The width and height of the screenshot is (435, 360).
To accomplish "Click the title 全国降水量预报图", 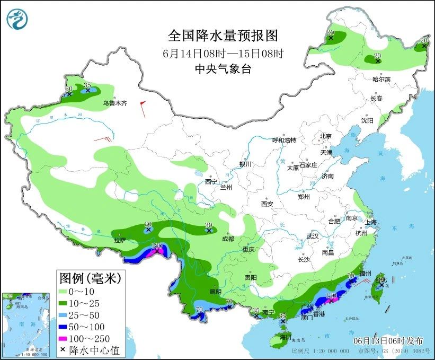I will point(223,36).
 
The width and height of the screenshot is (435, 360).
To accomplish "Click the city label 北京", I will point(325,136).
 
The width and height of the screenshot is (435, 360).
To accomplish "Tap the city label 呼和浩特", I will point(284,141).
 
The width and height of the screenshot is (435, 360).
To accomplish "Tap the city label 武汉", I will point(313,236).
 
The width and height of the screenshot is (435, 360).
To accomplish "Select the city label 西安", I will point(267,204).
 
